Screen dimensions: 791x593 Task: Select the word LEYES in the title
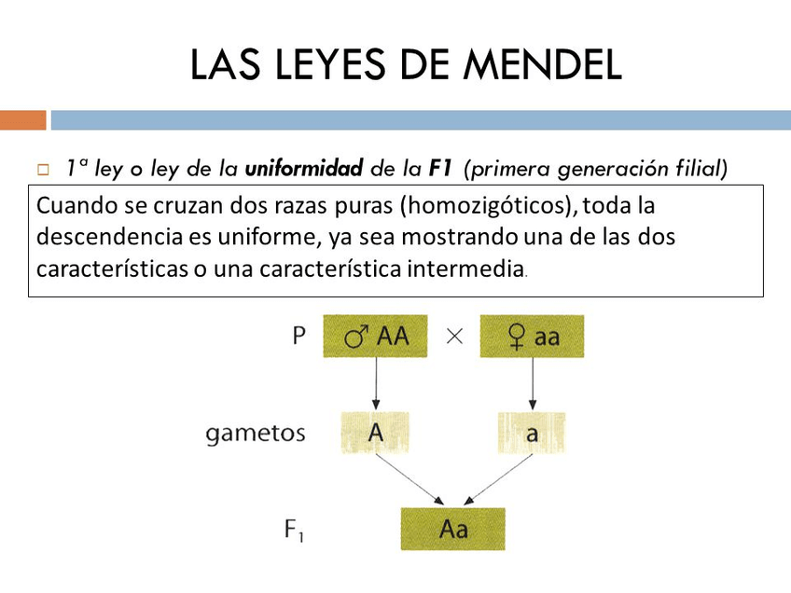tap(316, 64)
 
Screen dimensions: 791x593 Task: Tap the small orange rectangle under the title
tap(22, 120)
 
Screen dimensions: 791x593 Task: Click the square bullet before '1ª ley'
tap(42, 171)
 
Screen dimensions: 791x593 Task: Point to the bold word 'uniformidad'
tap(303, 169)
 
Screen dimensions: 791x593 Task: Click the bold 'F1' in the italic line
tap(440, 169)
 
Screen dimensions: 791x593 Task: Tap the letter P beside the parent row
tap(298, 337)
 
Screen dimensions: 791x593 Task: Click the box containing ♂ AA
tap(375, 337)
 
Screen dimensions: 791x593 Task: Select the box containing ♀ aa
tap(532, 337)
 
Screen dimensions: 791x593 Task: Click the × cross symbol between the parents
tap(454, 337)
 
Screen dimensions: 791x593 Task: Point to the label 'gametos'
tap(256, 434)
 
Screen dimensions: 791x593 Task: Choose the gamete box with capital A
tap(375, 433)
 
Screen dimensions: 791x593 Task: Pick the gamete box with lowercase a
tap(531, 433)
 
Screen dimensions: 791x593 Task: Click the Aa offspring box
tap(452, 529)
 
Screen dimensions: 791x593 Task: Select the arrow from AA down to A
tap(375, 384)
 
